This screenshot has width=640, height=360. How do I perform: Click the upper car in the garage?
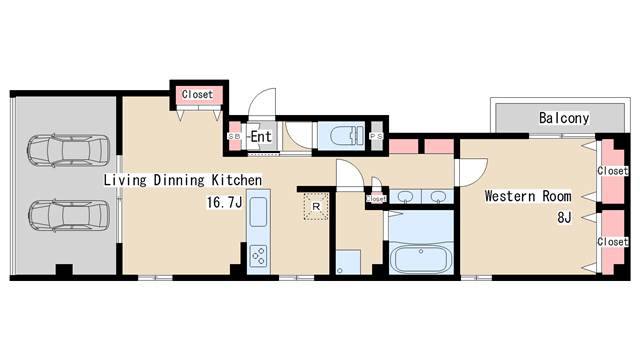tap(69, 150)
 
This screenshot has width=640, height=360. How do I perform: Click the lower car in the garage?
tap(69, 216)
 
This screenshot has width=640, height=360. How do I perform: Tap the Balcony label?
tap(564, 118)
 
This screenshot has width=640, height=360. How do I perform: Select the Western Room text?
tap(528, 196)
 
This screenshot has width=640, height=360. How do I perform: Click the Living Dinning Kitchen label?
tap(182, 180)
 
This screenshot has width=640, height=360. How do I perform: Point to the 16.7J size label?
tap(224, 202)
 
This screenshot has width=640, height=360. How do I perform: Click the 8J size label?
tap(564, 218)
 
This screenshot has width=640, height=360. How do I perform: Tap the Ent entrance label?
tap(261, 136)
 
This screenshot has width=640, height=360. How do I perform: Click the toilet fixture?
tap(341, 135)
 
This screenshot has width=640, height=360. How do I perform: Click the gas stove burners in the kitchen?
tap(258, 256)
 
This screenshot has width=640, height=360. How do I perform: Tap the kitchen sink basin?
tap(258, 211)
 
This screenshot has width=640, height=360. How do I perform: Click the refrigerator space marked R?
tap(316, 207)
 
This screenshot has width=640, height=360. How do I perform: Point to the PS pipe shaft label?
tap(376, 136)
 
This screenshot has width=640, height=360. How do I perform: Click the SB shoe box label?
tap(234, 137)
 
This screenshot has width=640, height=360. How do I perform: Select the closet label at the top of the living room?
tap(198, 94)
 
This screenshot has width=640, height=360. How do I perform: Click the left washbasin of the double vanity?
tap(405, 197)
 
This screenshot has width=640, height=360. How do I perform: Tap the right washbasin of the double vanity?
tap(438, 197)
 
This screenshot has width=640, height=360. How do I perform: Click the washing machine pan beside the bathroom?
tap(348, 262)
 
